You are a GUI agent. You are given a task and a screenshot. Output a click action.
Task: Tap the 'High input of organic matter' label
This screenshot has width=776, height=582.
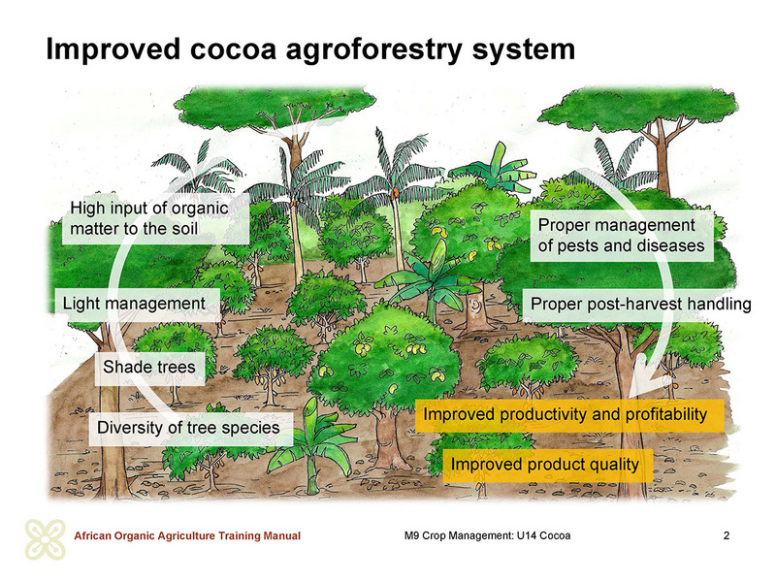tap(155, 218)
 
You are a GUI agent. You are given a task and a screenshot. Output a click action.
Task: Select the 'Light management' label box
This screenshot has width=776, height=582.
tap(137, 304)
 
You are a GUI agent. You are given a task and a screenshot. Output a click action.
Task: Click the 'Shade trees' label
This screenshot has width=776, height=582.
tap(149, 368)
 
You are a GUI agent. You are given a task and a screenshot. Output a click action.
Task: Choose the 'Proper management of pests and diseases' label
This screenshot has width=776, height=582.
tap(622, 236)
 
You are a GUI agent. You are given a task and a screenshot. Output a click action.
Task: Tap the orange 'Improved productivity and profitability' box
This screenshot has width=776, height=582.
tap(569, 415)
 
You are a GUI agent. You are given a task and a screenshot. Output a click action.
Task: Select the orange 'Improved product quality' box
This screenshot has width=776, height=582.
tap(547, 465)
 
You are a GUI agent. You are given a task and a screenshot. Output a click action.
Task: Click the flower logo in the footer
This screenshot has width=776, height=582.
tap(46, 539)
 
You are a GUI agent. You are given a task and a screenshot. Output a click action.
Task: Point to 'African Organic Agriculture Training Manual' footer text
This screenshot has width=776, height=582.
tap(187, 536)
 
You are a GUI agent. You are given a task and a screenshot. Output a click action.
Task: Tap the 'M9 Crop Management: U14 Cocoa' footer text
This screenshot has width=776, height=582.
tap(488, 536)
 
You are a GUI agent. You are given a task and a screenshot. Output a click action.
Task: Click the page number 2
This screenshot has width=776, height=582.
tap(727, 535)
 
